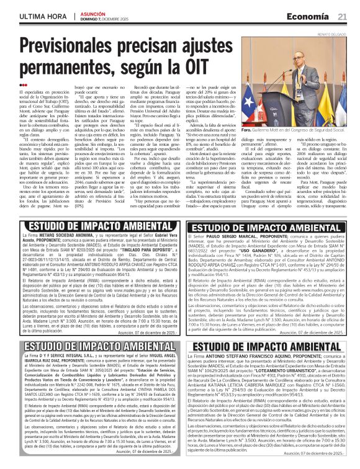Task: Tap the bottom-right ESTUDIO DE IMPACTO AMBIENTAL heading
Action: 269,349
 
